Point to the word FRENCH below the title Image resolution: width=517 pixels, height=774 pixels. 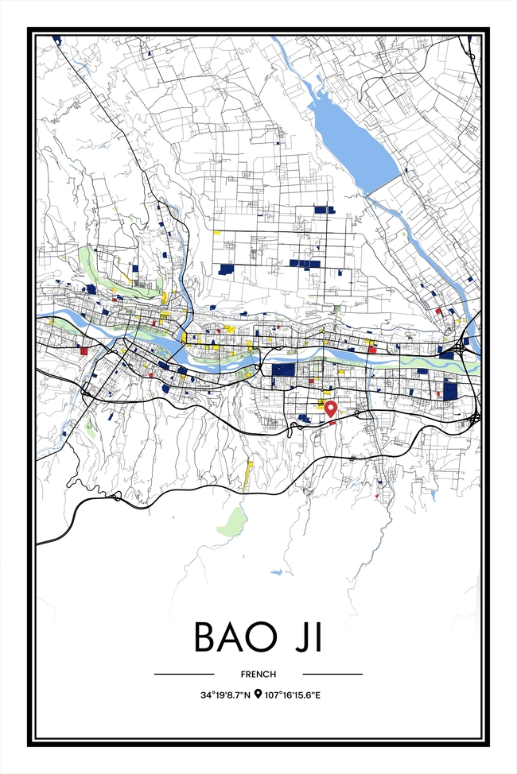point(258,674)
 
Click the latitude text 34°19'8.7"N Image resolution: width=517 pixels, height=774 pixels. point(225,695)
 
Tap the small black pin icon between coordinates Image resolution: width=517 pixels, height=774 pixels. point(258,695)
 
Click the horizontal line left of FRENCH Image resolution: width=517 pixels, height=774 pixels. point(184,674)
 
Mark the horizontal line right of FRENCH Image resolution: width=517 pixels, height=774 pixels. point(332,674)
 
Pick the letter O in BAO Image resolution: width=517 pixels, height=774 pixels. point(263,637)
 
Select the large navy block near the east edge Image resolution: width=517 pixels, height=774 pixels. point(450,389)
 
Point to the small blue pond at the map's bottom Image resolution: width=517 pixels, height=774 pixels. point(276,571)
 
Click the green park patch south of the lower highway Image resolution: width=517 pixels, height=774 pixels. point(232,522)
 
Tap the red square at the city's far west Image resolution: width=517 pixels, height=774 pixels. point(83,350)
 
